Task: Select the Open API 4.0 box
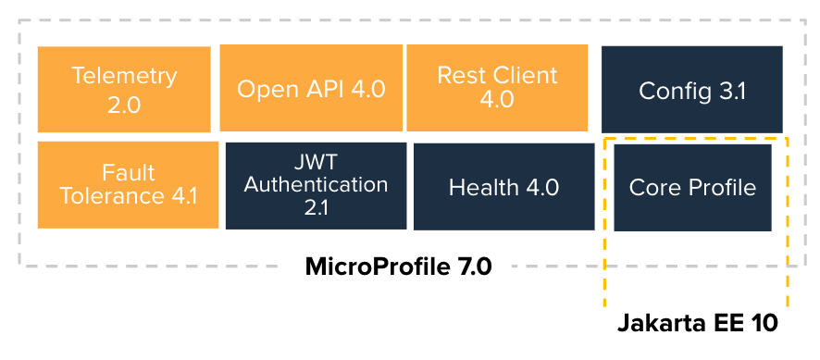tap(311, 89)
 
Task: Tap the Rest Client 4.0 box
tap(497, 89)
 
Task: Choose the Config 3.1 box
tap(692, 91)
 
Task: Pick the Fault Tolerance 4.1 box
tap(128, 184)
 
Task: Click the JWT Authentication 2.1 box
tap(316, 184)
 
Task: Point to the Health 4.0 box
tap(503, 187)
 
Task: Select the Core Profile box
tap(692, 187)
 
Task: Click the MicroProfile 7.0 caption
tap(398, 267)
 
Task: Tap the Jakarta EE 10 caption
tap(697, 324)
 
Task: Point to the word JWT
tap(316, 164)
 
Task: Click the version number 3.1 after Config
tap(728, 91)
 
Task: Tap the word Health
tap(483, 188)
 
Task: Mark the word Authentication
tap(316, 184)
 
